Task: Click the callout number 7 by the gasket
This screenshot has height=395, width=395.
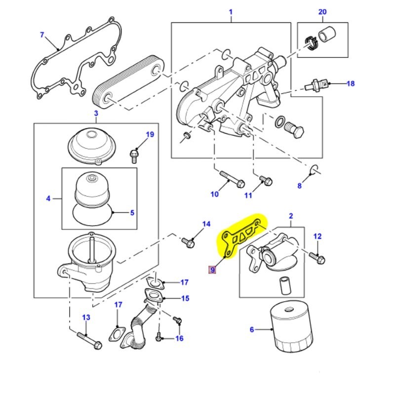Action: (x=42, y=35)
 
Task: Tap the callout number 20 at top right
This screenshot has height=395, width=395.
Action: (x=322, y=12)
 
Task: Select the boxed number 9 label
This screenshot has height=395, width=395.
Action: (x=212, y=270)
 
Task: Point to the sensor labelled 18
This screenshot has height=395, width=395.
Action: (x=317, y=84)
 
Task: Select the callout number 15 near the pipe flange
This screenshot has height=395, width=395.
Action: (x=185, y=299)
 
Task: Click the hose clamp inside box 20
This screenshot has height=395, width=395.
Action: (x=310, y=43)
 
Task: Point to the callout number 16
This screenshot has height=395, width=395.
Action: (x=179, y=338)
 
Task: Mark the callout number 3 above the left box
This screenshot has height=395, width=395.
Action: (x=96, y=114)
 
